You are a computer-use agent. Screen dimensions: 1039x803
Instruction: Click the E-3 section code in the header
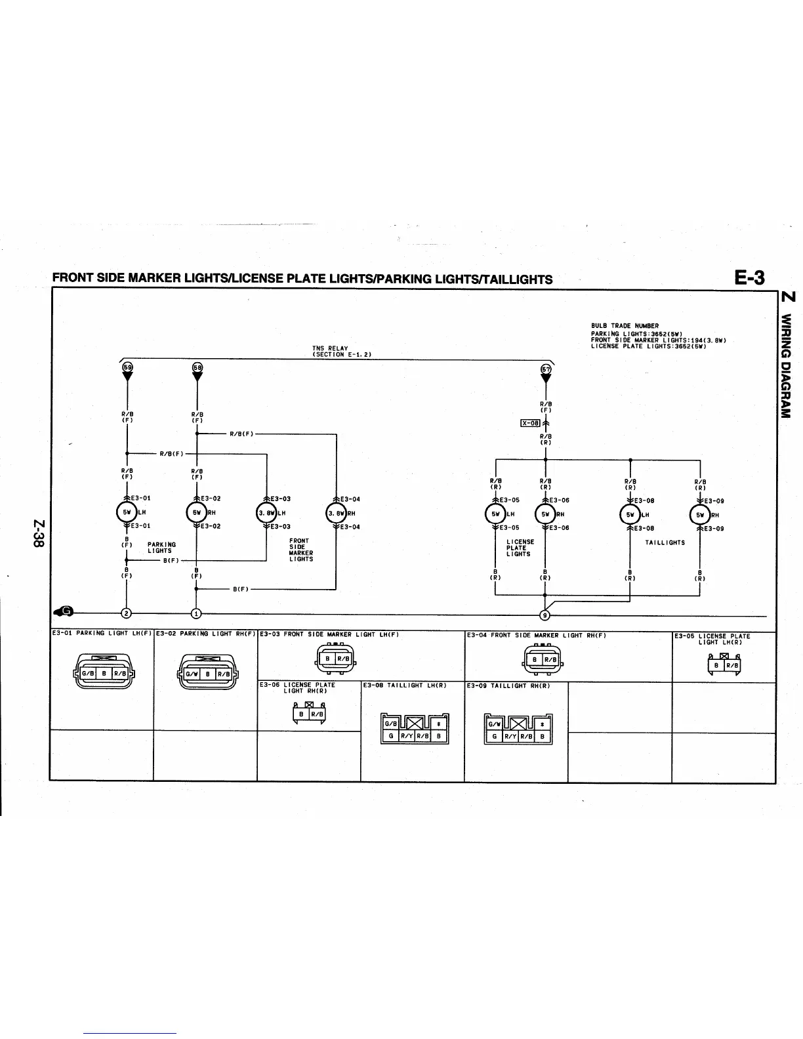(749, 277)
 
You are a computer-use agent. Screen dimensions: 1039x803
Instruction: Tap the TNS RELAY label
(330, 348)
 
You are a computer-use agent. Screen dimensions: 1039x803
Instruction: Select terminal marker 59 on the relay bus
(127, 368)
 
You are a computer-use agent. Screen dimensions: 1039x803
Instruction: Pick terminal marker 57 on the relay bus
(545, 369)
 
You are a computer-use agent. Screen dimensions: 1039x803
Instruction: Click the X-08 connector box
(529, 423)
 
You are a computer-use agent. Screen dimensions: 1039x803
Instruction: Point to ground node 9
(544, 615)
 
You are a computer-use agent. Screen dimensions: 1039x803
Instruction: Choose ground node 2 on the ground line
(126, 613)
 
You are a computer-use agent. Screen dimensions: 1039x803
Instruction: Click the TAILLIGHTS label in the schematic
(665, 542)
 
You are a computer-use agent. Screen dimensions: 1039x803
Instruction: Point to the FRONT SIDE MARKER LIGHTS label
(300, 550)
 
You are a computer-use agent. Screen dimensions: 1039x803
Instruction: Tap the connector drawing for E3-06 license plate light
(309, 713)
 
